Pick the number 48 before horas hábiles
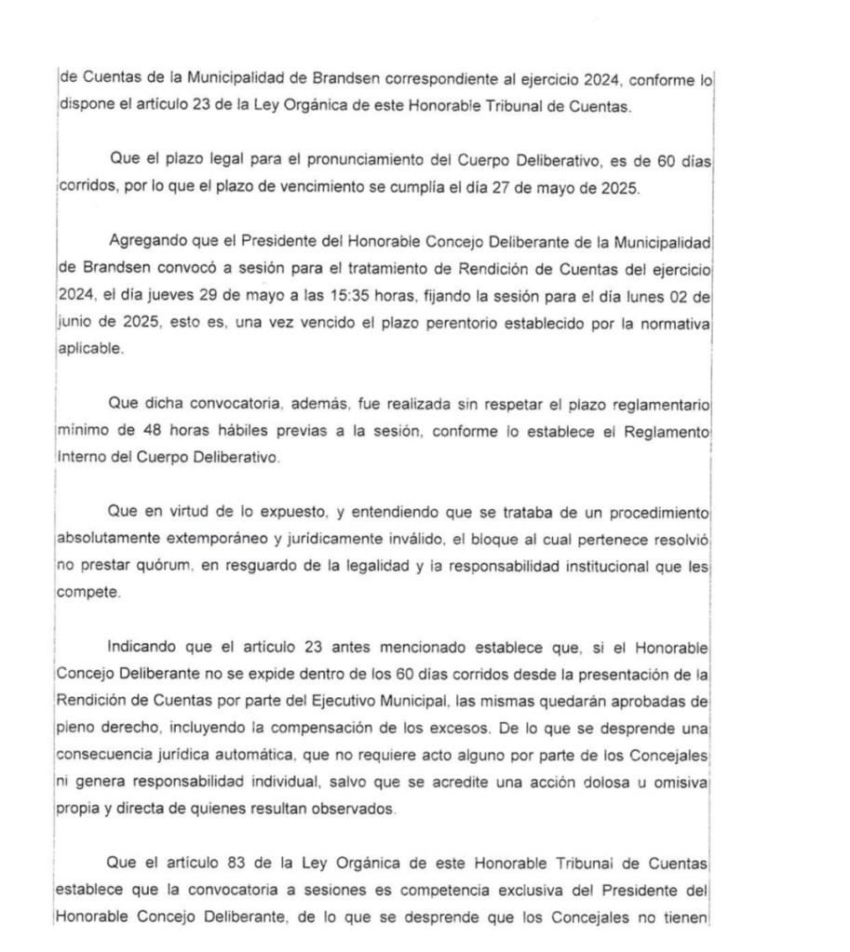click(154, 431)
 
